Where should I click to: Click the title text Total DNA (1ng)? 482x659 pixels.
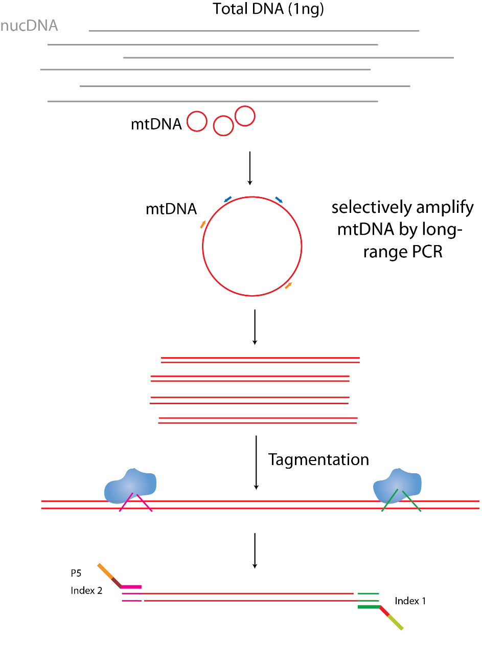point(268,9)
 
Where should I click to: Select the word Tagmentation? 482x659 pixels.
point(318,459)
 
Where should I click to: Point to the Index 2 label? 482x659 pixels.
point(86,590)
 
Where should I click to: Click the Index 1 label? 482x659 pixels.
point(410,601)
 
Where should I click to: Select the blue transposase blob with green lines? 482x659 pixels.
point(398,485)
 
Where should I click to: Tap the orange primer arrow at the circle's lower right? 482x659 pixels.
point(289,285)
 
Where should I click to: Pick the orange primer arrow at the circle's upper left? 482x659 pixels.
point(203,224)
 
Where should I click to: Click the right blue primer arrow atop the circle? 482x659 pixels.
point(279,200)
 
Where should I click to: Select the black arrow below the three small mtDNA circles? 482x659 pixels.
point(249,167)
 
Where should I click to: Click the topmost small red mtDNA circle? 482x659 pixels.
point(245,116)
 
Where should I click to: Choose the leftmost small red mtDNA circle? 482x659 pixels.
point(197,122)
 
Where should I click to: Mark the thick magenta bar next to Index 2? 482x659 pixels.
point(131,587)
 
